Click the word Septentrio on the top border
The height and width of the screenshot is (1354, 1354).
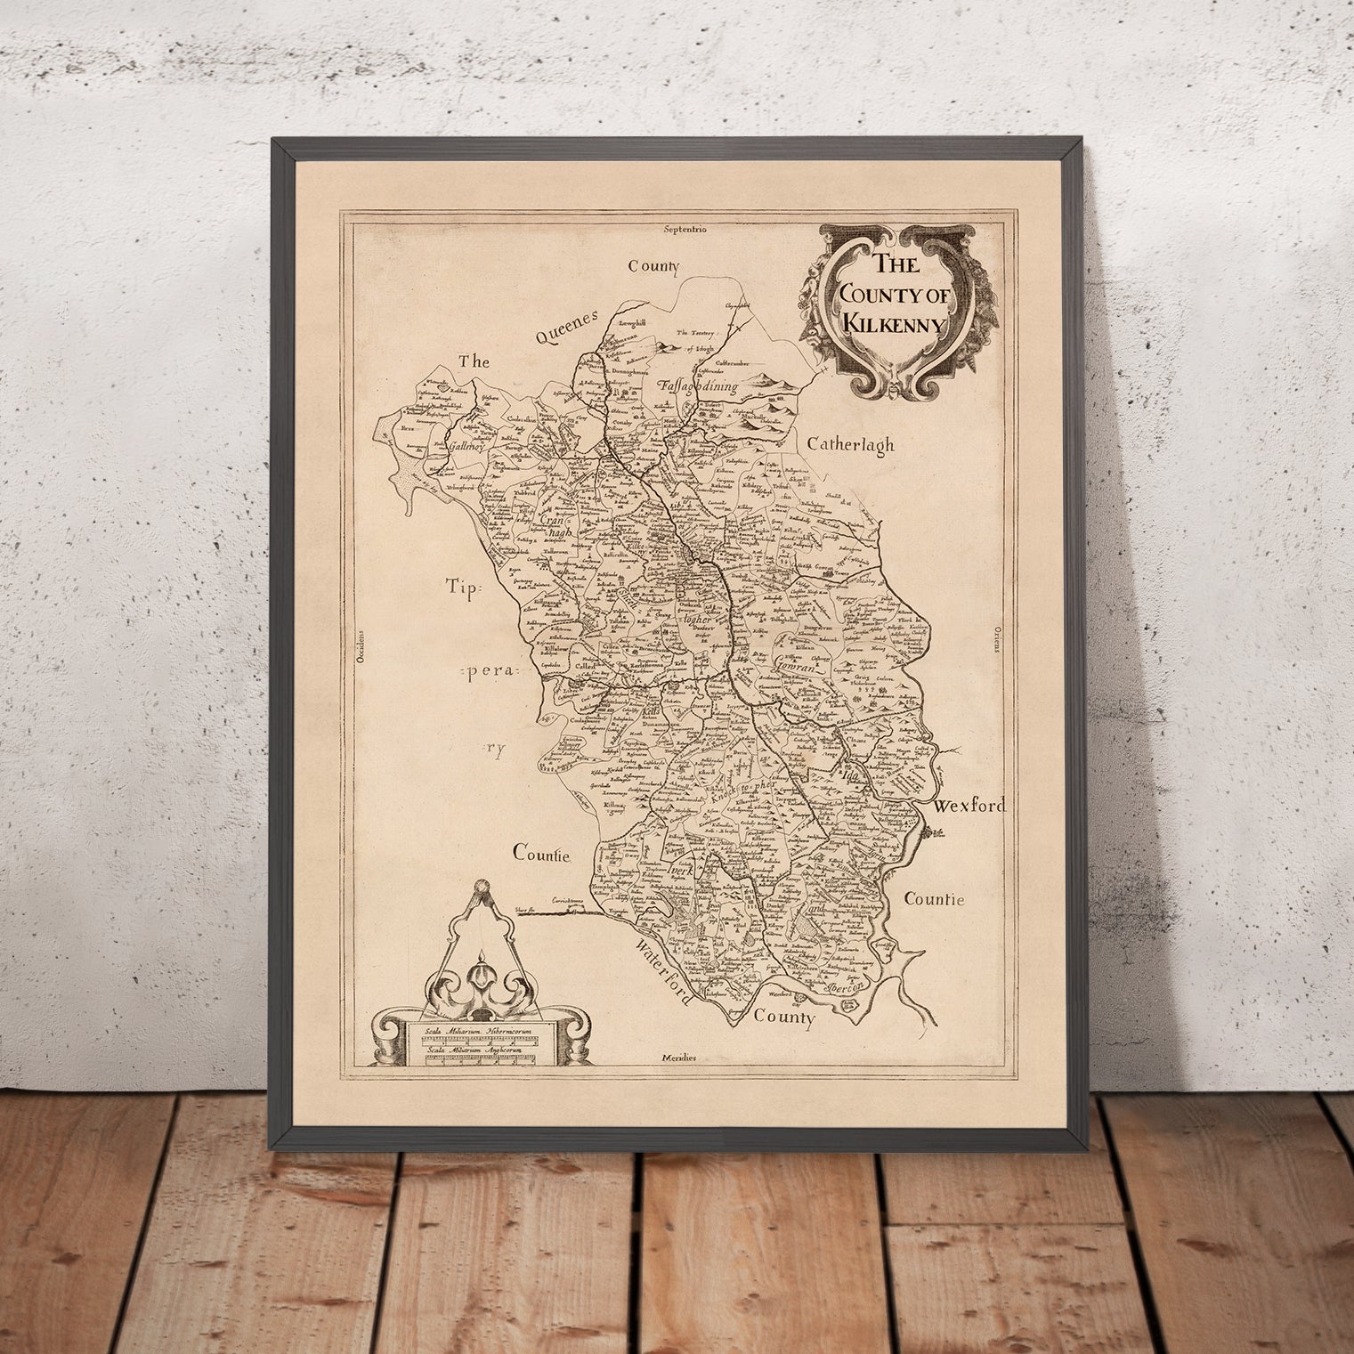685,230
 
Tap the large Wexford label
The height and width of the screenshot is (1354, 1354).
969,807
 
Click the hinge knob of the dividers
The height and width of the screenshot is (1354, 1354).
482,887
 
